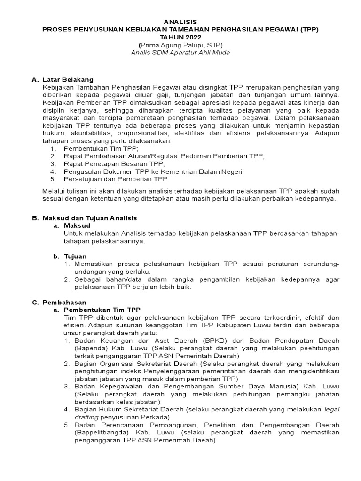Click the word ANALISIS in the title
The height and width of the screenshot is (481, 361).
(x=180, y=22)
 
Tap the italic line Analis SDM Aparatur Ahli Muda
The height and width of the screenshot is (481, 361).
(x=180, y=53)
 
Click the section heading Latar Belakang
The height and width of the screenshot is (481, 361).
(x=68, y=79)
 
